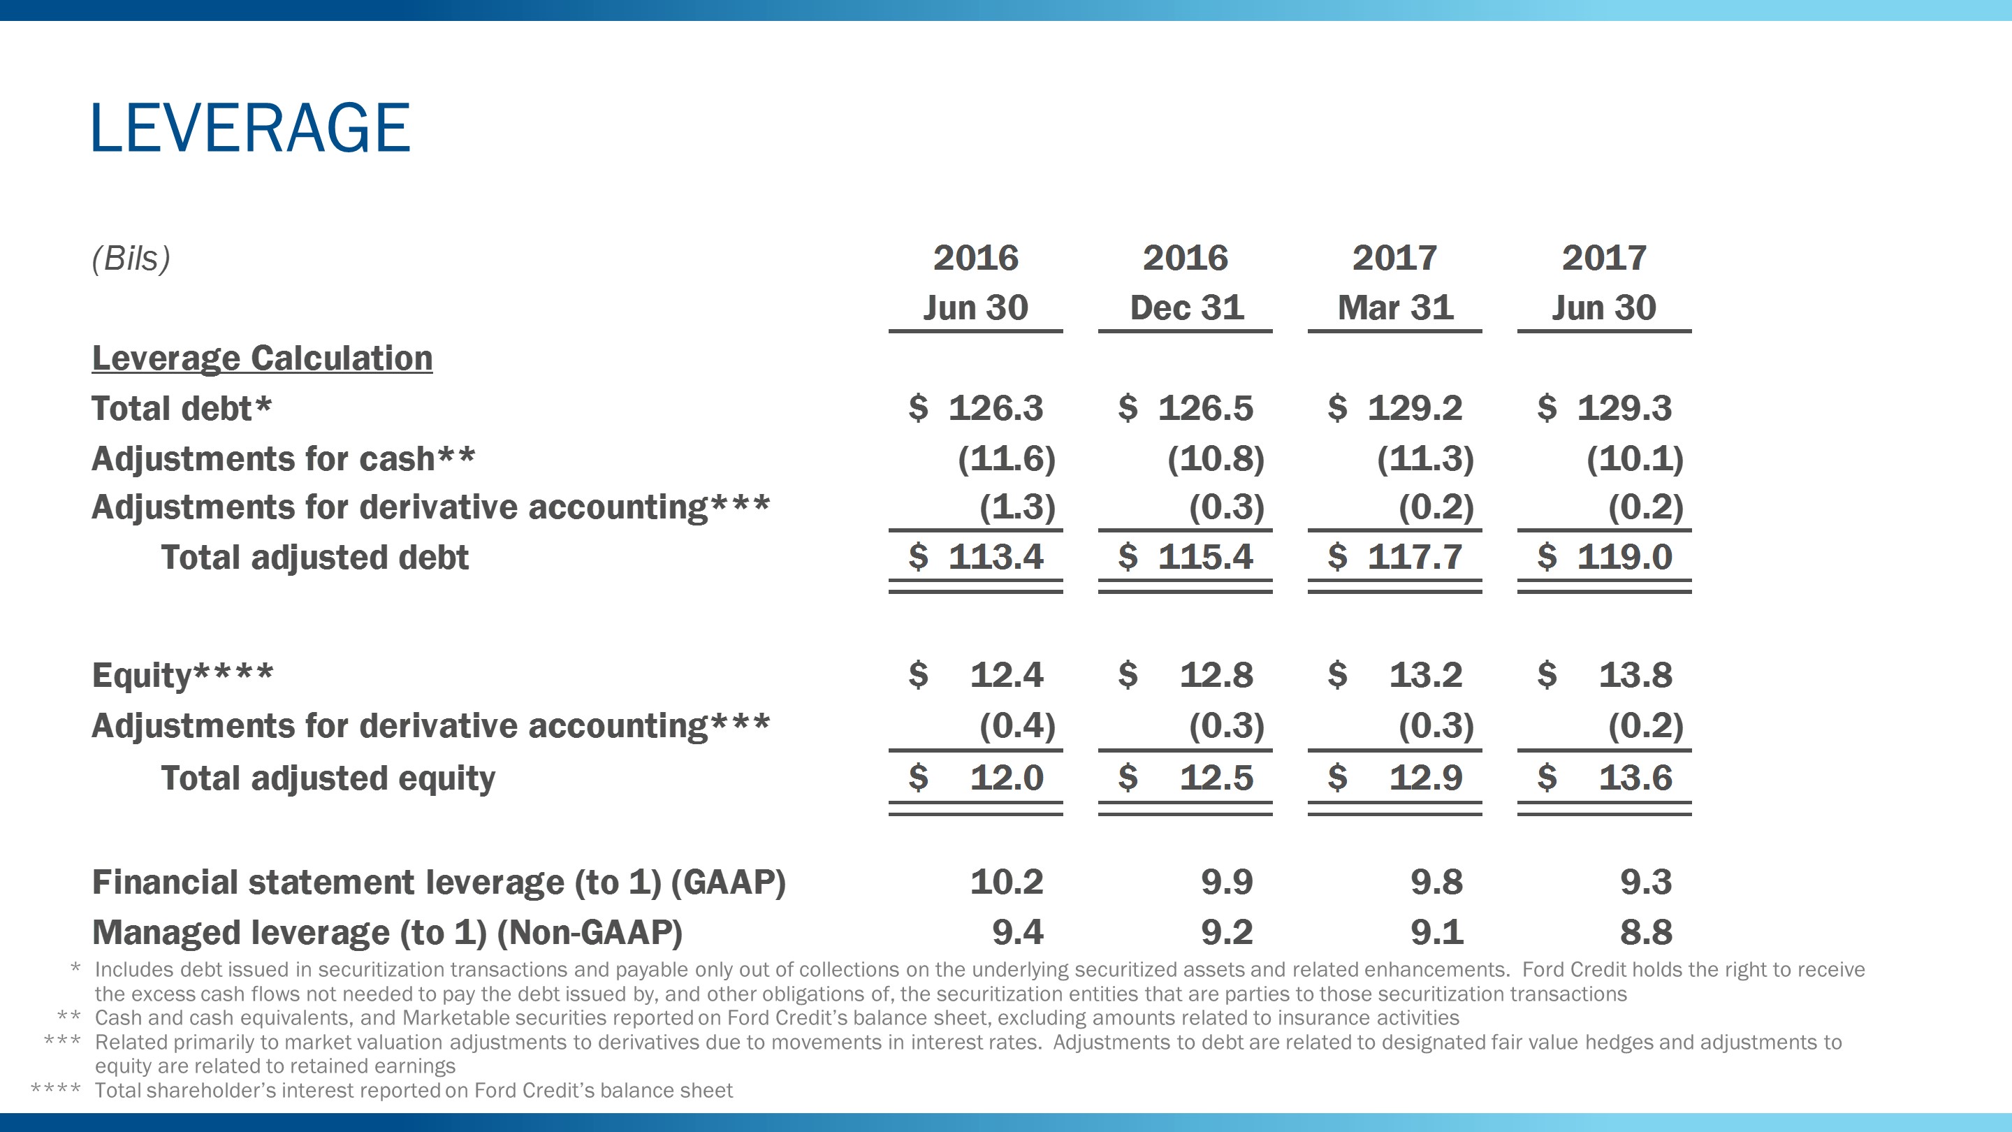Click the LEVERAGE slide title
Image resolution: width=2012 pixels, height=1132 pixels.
pos(250,127)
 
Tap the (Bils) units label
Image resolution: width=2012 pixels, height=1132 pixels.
pos(131,259)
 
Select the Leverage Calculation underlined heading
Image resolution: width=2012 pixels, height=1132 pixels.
pos(262,358)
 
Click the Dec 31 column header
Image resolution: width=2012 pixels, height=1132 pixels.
pos(1186,307)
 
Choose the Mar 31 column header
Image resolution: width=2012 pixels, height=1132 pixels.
pos(1395,307)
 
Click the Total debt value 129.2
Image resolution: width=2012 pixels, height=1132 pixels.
pos(1414,409)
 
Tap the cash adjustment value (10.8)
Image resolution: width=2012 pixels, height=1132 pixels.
pos(1216,458)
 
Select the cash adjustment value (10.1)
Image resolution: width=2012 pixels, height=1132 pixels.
pos(1635,458)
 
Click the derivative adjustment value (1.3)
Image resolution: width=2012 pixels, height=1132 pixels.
pos(1017,508)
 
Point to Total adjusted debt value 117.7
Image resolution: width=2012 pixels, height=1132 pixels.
pos(1414,557)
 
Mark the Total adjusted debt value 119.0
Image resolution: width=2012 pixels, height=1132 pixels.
pos(1624,557)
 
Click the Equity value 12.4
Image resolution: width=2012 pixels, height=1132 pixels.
pos(1006,675)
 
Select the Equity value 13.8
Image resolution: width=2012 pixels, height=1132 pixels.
pos(1635,675)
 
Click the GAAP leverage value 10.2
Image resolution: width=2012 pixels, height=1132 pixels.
pos(1006,882)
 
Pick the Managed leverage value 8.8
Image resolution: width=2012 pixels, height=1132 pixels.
pos(1646,932)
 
